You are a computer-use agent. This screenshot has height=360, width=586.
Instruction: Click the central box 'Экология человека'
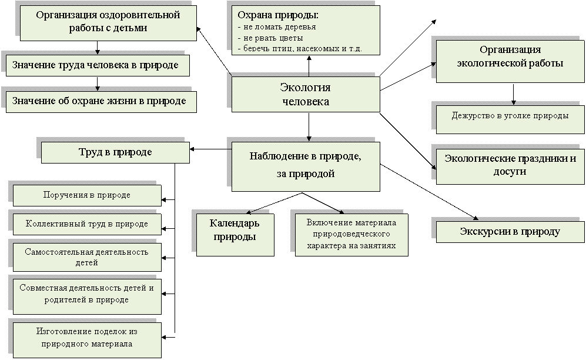tap(306, 94)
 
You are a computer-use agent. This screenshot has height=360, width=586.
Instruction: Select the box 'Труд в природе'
tap(115, 152)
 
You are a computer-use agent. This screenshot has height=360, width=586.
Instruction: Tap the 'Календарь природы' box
tap(235, 235)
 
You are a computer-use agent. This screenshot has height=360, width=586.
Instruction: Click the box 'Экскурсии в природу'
tap(510, 232)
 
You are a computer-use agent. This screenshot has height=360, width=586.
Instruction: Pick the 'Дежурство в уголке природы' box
tap(510, 119)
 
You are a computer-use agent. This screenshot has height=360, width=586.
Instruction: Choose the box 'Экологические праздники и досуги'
tap(510, 165)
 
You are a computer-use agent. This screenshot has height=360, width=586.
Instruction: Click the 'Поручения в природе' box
tap(87, 195)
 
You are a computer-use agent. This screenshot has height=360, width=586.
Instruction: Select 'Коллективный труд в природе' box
tap(87, 224)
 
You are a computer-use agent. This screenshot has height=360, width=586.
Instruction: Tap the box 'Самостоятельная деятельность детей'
tap(87, 257)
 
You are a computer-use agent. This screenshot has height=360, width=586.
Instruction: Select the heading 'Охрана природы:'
tap(278, 15)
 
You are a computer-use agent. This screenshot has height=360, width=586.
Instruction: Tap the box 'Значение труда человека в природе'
tap(98, 65)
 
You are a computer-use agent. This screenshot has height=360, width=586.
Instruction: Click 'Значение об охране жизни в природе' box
tap(101, 102)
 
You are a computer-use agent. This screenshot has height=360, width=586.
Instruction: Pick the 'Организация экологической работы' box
tap(510, 61)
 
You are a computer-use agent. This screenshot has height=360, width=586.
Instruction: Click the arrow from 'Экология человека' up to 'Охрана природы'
tap(309, 66)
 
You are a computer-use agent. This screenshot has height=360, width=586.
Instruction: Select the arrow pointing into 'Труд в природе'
tap(210, 149)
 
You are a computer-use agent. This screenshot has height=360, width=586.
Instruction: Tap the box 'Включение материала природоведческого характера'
tap(351, 235)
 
